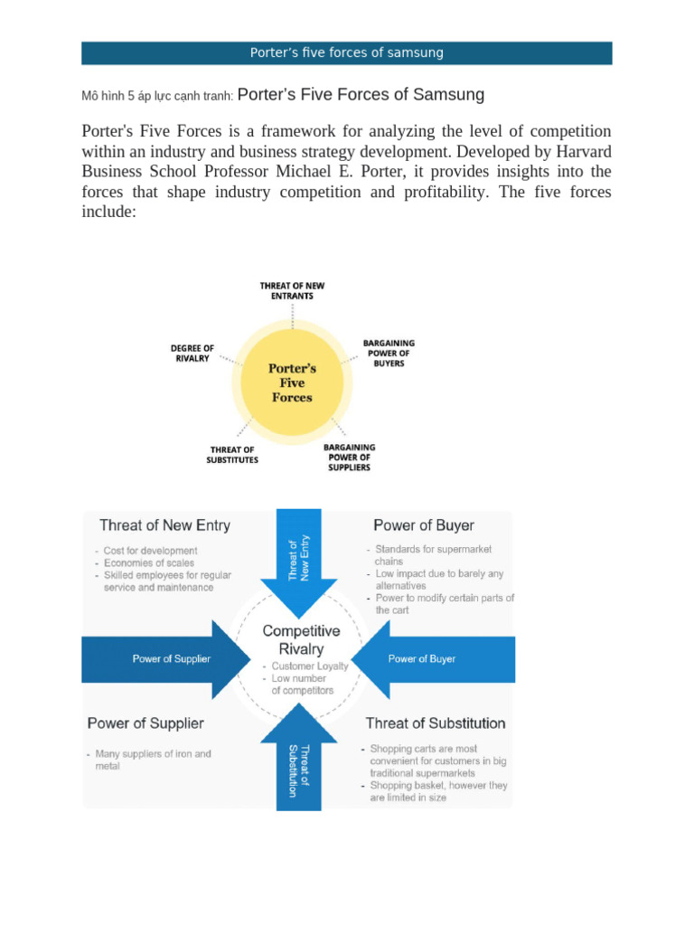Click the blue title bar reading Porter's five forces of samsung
[347, 52]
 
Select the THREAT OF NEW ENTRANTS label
[292, 290]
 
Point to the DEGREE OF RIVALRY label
[192, 353]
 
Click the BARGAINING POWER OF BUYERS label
[389, 353]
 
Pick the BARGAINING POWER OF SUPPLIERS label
[350, 458]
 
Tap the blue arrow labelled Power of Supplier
[168, 658]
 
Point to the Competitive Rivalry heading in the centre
[301, 639]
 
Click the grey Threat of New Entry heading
[164, 525]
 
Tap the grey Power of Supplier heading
[145, 723]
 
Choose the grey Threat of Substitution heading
[436, 723]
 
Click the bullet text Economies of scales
[150, 562]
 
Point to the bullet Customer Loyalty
[309, 666]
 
